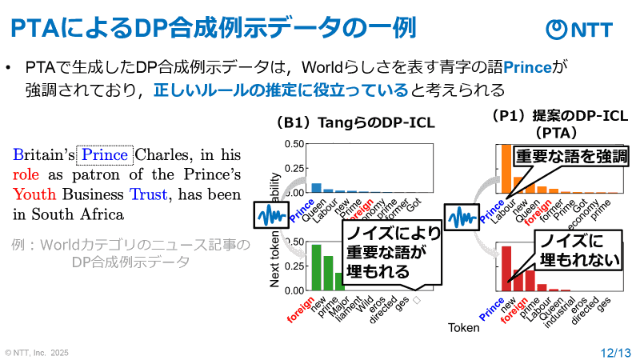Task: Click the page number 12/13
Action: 615,350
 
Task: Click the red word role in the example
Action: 25,174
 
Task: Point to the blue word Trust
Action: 148,194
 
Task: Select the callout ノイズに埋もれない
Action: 569,250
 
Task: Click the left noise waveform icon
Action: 270,215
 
